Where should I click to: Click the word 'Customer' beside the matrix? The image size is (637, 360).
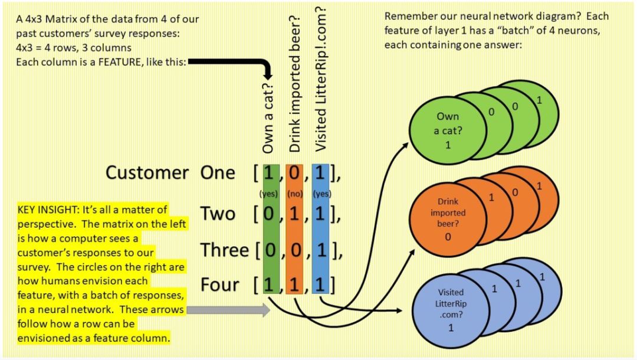147,173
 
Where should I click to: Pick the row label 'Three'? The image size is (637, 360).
224,250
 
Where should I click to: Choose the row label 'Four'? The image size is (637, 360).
220,285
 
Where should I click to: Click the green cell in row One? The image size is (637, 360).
269,174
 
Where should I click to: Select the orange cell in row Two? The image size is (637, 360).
294,214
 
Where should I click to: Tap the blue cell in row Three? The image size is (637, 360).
320,250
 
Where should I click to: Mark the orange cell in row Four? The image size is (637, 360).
294,285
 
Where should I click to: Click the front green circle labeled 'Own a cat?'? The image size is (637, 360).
447,130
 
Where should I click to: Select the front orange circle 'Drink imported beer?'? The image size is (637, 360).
447,218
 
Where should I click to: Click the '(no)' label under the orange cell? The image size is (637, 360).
294,194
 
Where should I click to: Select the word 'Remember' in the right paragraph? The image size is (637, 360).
408,17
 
